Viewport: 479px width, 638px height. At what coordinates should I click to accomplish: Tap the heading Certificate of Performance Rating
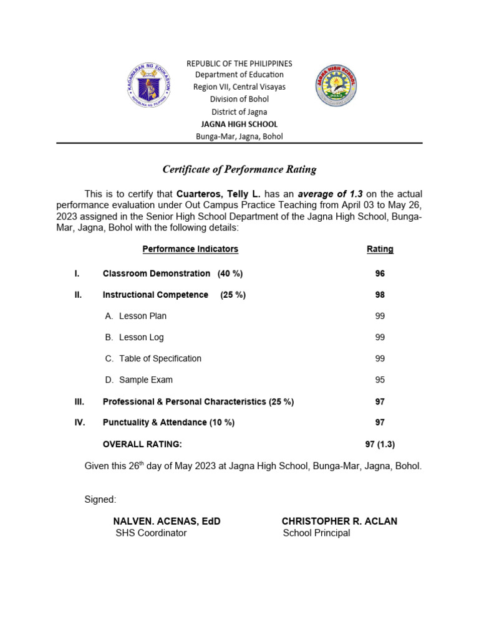point(239,169)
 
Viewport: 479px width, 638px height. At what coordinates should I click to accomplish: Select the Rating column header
point(380,249)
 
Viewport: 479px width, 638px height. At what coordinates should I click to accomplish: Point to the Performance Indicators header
point(190,249)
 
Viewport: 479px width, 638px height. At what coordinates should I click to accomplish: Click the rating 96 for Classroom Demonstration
point(380,274)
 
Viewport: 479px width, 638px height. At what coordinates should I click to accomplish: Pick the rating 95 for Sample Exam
point(380,379)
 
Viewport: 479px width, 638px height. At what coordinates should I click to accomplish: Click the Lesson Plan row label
point(142,316)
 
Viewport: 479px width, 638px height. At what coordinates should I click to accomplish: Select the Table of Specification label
point(160,358)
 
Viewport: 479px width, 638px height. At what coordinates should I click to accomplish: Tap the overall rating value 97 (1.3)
point(380,444)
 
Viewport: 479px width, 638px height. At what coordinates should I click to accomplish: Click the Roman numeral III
point(79,402)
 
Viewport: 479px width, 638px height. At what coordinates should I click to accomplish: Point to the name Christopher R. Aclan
point(339,521)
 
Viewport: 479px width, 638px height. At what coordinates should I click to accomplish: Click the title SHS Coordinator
point(151,533)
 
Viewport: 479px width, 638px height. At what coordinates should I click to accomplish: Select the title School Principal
point(316,533)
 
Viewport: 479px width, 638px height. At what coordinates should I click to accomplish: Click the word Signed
point(100,499)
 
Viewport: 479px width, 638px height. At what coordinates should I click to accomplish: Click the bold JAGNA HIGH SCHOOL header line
point(239,124)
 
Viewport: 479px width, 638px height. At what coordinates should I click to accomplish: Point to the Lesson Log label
point(141,337)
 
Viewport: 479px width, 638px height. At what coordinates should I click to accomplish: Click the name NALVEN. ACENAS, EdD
point(167,521)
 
